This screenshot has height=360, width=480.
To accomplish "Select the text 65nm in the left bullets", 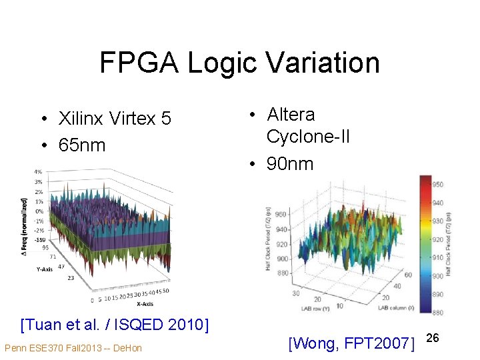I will click(82, 145).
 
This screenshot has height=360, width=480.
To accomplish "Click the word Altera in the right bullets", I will click(291, 115).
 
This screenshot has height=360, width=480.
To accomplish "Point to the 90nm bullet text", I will click(289, 164).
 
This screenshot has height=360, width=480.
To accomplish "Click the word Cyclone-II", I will click(307, 137).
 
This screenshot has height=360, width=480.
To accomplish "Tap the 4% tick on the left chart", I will click(38, 172).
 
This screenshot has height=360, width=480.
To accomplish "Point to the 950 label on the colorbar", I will click(437, 184).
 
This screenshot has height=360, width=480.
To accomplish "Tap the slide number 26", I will click(433, 339).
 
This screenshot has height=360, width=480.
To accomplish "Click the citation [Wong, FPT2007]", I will click(351, 343).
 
